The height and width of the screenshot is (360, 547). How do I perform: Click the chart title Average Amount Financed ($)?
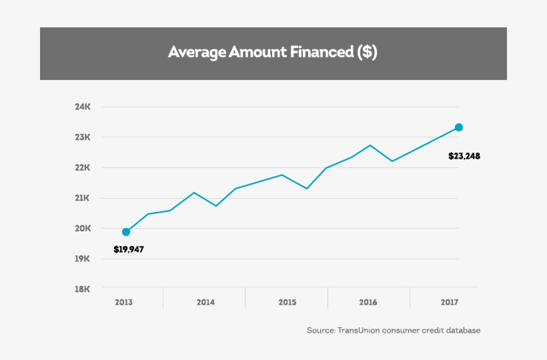273,53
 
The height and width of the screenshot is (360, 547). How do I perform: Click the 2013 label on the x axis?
123,303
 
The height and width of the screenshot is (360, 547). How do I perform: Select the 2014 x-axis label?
205,303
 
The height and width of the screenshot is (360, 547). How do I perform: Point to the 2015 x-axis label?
287,303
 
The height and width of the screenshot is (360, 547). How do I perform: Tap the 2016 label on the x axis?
368,303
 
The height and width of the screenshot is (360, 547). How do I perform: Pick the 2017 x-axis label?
450,303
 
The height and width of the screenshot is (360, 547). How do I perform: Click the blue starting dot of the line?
126,232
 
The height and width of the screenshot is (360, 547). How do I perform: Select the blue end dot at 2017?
459,127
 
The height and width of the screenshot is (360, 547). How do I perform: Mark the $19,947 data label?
129,250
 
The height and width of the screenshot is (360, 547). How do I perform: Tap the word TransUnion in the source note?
360,331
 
